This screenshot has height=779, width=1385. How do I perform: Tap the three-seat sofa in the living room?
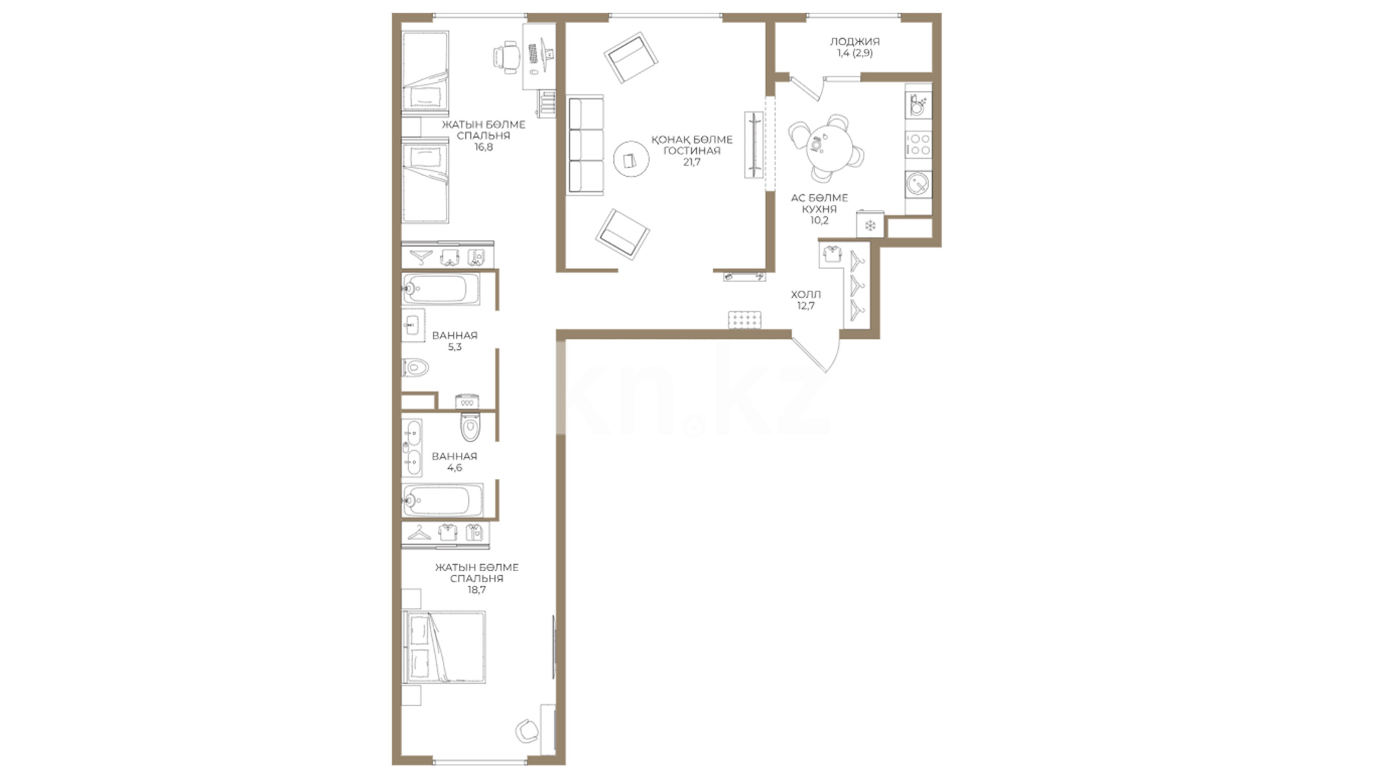tap(585, 146)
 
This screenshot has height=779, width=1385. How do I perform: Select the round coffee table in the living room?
tap(631, 159)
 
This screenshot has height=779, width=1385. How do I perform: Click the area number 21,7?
tap(692, 162)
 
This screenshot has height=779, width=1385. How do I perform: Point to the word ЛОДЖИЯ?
tap(855, 42)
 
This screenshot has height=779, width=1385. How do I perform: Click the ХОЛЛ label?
tap(806, 294)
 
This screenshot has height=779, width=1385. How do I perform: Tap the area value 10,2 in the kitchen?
tap(819, 221)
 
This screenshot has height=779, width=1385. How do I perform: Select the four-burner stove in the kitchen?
tap(918, 144)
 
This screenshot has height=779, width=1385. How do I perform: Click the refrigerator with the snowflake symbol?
tap(871, 225)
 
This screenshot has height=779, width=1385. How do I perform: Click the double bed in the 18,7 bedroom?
tap(444, 647)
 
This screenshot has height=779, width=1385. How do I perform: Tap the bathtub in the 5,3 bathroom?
tap(441, 289)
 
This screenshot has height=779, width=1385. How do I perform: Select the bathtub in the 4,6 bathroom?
tap(442, 501)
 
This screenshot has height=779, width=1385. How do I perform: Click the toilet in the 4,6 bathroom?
tap(470, 427)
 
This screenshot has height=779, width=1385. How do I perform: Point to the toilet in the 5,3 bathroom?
tap(415, 368)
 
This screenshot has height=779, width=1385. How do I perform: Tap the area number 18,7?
tap(477, 590)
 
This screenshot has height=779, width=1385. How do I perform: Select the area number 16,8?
tap(483, 147)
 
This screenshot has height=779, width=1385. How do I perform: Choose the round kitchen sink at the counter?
tap(918, 183)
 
